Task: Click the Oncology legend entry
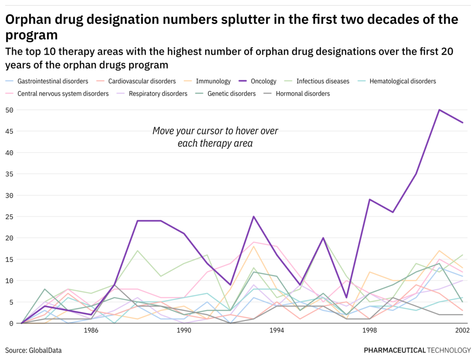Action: point(263,81)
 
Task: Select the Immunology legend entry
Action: point(213,81)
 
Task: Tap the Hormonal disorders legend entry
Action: point(303,93)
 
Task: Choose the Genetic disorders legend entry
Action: point(231,93)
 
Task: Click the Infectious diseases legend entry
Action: point(323,81)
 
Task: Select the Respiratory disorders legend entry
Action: point(158,93)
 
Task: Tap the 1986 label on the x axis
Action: point(91,331)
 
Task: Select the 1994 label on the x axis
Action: point(277,331)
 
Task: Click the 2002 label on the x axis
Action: point(462,331)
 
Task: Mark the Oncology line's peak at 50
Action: point(439,110)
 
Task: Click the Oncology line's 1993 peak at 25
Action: point(254,217)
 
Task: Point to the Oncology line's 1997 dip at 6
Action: point(346,298)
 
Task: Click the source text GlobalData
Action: point(46,350)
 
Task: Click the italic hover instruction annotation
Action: point(215,137)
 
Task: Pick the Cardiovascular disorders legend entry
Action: point(142,81)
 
